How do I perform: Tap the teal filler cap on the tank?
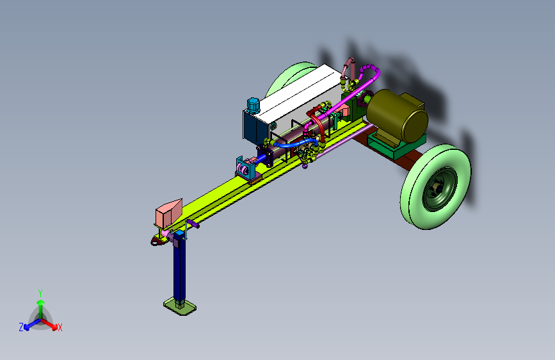tap(253, 106)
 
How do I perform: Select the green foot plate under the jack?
tap(180, 306)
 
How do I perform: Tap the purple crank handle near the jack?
tap(193, 224)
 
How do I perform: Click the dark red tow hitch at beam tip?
tap(157, 241)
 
